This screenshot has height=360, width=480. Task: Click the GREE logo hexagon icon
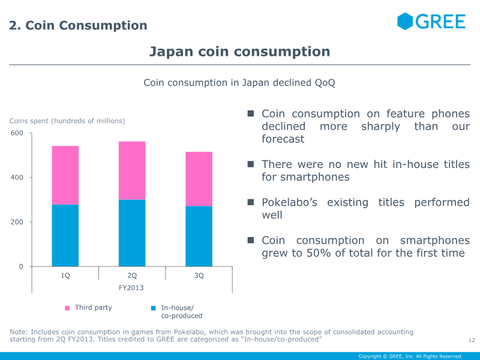pyautogui.click(x=405, y=21)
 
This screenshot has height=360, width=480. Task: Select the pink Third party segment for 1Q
pyautogui.click(x=65, y=175)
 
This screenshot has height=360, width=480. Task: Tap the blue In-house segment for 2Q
pyautogui.click(x=132, y=233)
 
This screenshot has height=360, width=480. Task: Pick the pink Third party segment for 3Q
pyautogui.click(x=199, y=179)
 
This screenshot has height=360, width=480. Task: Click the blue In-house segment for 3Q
pyautogui.click(x=199, y=236)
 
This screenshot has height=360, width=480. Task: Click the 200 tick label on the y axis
pyautogui.click(x=17, y=222)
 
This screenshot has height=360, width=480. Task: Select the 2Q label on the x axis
pyautogui.click(x=132, y=276)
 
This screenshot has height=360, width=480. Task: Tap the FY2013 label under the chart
pyautogui.click(x=132, y=288)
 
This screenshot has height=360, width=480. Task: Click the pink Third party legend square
pyautogui.click(x=67, y=308)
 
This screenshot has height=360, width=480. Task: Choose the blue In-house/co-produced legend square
pyautogui.click(x=154, y=308)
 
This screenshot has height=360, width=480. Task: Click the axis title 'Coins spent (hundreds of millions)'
pyautogui.click(x=67, y=121)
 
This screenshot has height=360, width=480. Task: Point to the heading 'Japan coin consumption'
pyautogui.click(x=239, y=52)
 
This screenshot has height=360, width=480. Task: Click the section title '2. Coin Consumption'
pyautogui.click(x=78, y=25)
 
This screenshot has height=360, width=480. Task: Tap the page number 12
pyautogui.click(x=471, y=341)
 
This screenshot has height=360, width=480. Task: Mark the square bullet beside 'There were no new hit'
pyautogui.click(x=251, y=164)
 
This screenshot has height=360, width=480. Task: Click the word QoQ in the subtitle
pyautogui.click(x=325, y=82)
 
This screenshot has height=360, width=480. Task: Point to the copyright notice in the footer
pyautogui.click(x=410, y=356)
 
